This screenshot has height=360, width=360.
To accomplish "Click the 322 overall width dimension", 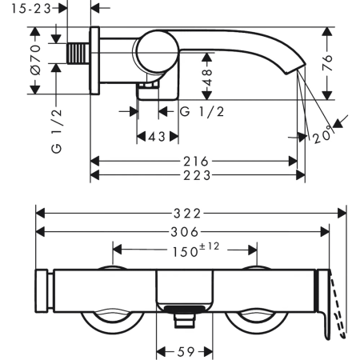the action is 187,214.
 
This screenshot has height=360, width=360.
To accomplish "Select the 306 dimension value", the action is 185,232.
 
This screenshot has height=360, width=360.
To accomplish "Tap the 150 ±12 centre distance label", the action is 196,250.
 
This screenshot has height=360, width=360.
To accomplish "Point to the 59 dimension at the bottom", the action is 186,352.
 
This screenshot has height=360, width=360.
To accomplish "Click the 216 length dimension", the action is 196,162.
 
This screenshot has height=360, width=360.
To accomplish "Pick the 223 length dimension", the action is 197,175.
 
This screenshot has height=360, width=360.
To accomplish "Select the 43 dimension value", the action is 158,137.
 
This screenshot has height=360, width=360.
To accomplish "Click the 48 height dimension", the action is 207,78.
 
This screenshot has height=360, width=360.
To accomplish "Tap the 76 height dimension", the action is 327,63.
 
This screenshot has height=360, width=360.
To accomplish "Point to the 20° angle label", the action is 323,135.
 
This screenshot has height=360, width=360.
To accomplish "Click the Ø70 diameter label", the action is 35,59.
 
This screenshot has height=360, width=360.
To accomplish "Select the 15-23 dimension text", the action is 31,9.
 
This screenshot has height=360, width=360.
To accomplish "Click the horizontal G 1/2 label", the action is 202,111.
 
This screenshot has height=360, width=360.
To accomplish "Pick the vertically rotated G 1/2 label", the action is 56,130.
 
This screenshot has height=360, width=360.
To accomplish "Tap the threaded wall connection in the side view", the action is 78,54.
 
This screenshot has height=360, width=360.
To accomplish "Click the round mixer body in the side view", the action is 158,52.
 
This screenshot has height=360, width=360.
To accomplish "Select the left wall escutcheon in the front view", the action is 42,290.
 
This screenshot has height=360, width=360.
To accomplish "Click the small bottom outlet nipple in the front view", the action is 184,320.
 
